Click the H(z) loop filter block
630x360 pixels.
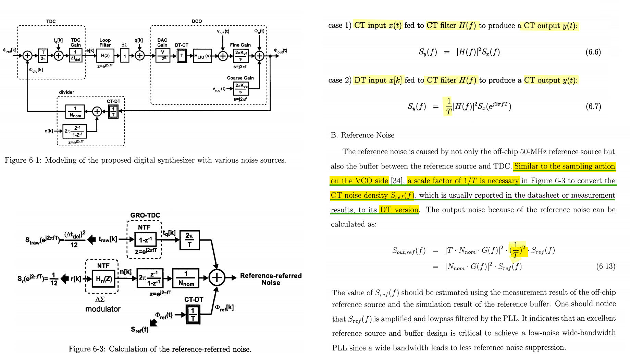(105, 55)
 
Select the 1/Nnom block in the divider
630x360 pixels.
(75, 112)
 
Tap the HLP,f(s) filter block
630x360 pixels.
(202, 56)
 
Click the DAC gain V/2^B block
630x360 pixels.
(163, 55)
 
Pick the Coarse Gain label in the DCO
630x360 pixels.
(240, 78)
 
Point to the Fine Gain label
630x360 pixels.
(240, 45)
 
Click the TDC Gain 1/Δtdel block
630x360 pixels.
(75, 55)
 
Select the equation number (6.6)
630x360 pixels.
(593, 52)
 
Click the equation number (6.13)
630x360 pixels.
(606, 266)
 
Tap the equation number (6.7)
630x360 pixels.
(593, 106)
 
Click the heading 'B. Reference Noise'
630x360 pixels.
(362, 135)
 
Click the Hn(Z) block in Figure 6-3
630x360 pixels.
(104, 279)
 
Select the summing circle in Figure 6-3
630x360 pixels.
(217, 278)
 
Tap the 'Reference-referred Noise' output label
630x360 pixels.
(271, 279)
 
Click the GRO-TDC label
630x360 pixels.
(145, 215)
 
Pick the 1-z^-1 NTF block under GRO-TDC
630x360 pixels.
(146, 240)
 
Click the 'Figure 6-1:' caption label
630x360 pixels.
(23, 160)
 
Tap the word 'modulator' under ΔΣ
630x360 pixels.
(103, 309)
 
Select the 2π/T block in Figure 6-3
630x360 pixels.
(189, 240)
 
